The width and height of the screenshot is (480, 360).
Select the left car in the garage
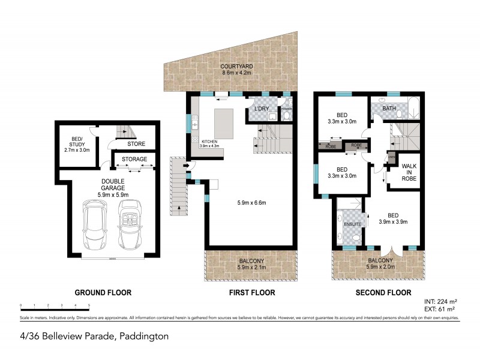point(94,225)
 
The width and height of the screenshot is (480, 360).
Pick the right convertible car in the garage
point(130,225)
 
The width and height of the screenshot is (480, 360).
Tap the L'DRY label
point(262,109)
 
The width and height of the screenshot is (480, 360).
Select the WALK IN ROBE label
point(409,172)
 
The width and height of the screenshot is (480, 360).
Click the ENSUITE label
point(352,224)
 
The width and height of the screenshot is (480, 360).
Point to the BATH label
point(389,109)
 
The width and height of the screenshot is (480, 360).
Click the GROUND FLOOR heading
point(103,293)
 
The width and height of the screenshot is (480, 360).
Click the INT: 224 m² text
point(440,302)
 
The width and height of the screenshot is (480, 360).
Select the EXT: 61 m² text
point(440,309)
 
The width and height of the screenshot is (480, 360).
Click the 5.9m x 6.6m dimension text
point(250,203)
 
